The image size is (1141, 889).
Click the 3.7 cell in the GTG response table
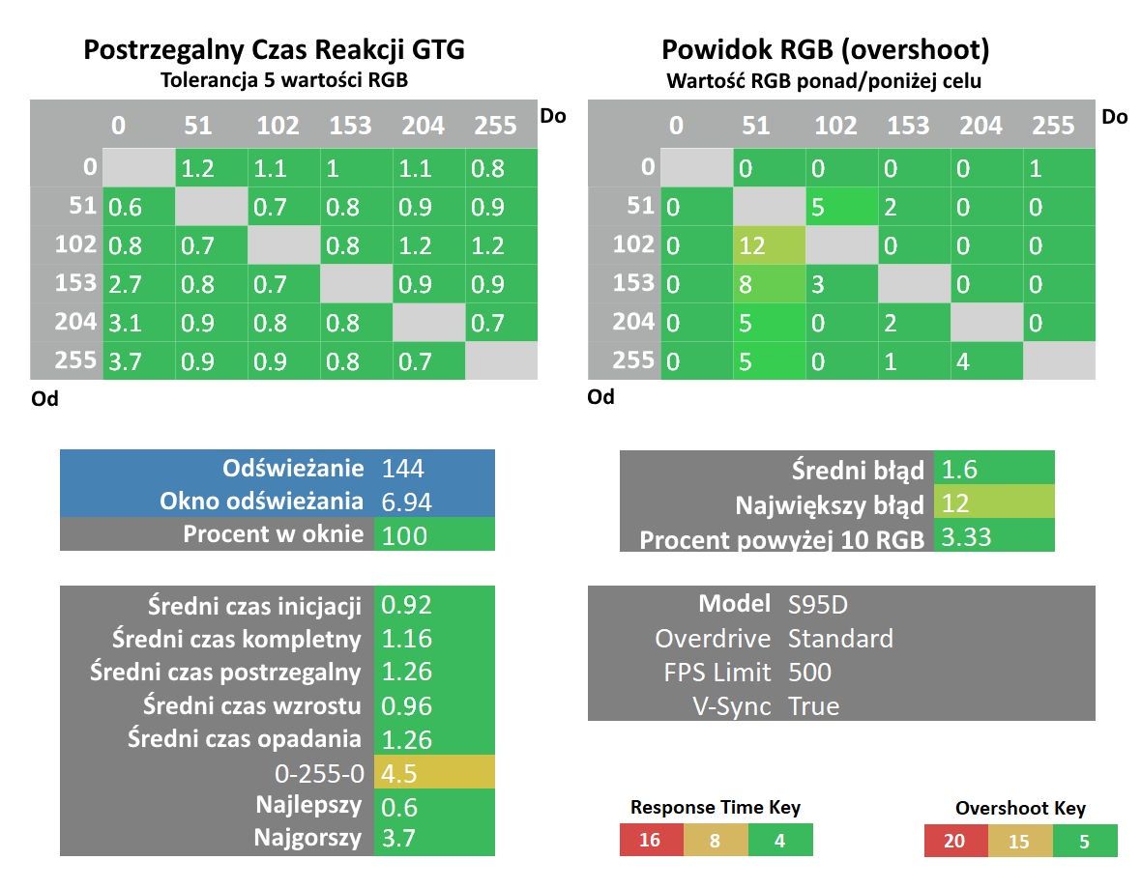[138, 360]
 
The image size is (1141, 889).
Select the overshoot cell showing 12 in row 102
[769, 245]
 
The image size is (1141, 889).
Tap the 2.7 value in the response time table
[138, 283]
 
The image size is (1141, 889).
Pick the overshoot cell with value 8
[769, 283]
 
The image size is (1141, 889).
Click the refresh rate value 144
[402, 468]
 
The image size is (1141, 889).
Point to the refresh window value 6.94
[406, 502]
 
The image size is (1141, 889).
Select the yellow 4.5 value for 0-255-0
[434, 773]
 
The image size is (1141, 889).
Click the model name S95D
[817, 604]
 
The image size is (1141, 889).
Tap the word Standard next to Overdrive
[840, 638]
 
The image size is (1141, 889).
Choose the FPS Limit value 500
[809, 673]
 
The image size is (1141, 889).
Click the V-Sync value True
[813, 705]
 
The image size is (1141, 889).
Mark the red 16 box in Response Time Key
[652, 841]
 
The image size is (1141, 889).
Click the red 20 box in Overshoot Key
[955, 841]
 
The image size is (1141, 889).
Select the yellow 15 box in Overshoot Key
[1019, 841]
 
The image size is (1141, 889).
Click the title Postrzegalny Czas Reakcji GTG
[274, 49]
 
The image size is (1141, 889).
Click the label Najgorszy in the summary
[307, 838]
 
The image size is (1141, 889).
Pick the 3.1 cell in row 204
[138, 322]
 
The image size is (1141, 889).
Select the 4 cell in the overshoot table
[986, 360]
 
